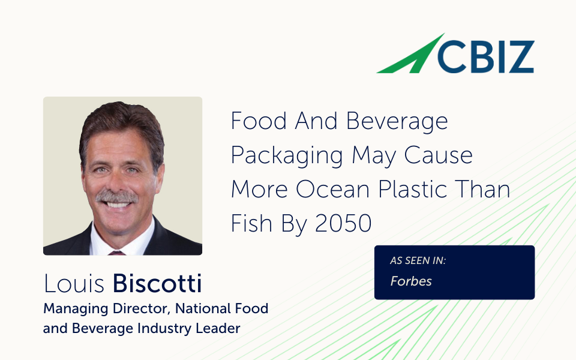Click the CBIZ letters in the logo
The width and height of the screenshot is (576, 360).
tap(485, 57)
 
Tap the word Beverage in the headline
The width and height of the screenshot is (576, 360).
tap(397, 122)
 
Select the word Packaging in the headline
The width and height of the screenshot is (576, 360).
tap(287, 156)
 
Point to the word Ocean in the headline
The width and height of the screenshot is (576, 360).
tap(332, 189)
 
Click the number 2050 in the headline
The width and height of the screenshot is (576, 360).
tap(343, 223)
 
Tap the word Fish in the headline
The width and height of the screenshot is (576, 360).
tap(251, 223)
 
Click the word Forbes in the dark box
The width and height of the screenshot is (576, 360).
tap(410, 281)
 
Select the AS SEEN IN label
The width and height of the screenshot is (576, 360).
tap(418, 260)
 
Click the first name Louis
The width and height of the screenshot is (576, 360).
tap(74, 284)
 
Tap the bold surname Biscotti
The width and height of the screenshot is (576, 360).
tap(157, 284)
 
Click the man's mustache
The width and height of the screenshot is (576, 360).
tap(117, 197)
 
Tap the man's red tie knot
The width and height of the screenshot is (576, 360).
tap(117, 253)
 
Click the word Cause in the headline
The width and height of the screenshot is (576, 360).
tap(438, 155)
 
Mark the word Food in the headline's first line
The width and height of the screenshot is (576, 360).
tap(259, 121)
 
